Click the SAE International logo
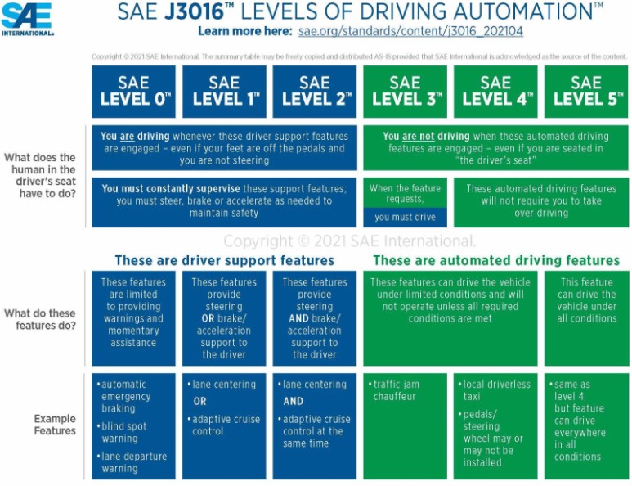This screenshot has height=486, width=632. [28, 19]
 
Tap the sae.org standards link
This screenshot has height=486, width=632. [410, 32]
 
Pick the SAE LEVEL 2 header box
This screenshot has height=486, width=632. [315, 91]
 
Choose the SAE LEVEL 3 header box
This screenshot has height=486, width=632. [406, 91]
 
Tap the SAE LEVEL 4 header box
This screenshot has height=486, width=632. [495, 91]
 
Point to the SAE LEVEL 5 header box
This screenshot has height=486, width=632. [585, 91]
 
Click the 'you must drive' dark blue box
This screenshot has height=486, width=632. [405, 217]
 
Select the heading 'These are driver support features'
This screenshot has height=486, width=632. [224, 260]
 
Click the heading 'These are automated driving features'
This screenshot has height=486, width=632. [496, 260]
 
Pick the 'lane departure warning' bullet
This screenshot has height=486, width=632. [132, 463]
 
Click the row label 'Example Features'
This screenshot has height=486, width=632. [55, 424]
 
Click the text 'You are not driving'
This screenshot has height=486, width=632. [426, 137]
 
